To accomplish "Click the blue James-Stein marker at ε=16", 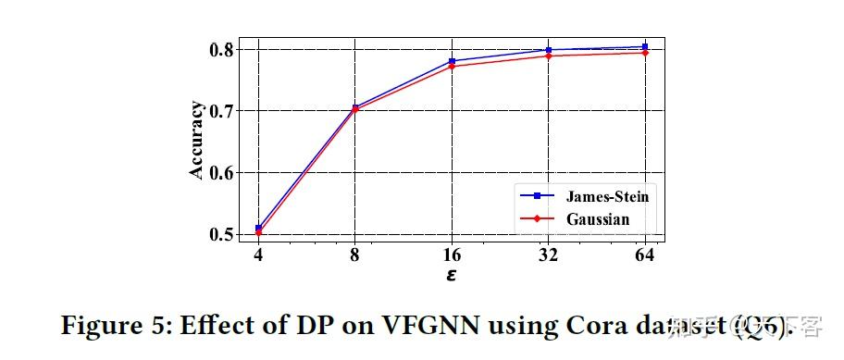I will point(452,61).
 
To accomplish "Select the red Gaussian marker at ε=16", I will point(452,67).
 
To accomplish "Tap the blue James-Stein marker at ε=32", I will point(549,50).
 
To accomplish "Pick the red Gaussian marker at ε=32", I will point(549,56).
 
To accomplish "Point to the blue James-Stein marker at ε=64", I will point(645,46).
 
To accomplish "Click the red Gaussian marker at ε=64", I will point(645,53).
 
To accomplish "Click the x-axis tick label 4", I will point(258,256).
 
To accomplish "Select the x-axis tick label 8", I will point(355,256).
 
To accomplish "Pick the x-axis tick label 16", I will point(452,256).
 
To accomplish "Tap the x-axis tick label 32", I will point(549,256).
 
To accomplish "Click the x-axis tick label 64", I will point(645,256).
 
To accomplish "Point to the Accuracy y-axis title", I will point(196,142).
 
